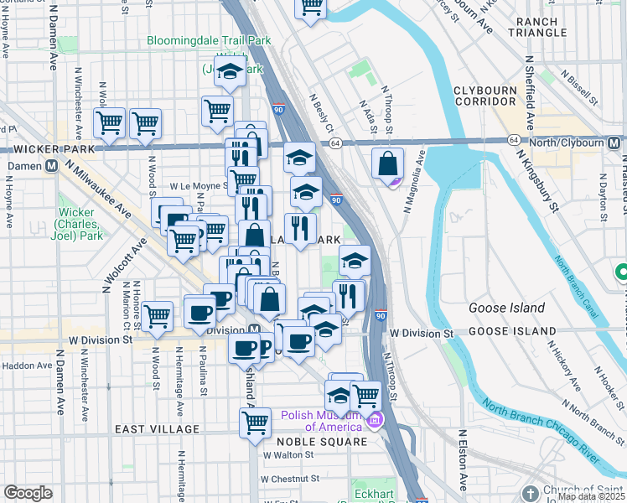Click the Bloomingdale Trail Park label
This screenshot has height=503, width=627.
(x=209, y=39)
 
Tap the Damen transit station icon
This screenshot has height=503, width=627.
(x=52, y=166)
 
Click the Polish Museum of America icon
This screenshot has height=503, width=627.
(x=375, y=419)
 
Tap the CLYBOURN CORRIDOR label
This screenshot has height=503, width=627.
(x=490, y=96)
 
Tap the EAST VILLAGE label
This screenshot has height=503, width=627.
(x=158, y=429)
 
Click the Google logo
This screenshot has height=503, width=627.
(x=28, y=493)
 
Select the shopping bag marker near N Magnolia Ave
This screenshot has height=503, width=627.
(x=388, y=164)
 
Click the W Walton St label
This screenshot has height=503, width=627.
(x=288, y=455)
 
